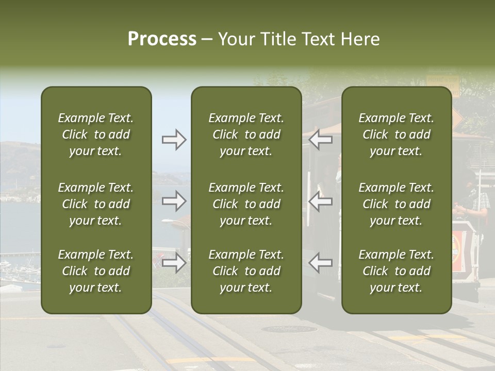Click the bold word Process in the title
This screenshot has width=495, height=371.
pyautogui.click(x=162, y=39)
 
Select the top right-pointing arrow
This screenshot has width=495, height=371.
pyautogui.click(x=174, y=140)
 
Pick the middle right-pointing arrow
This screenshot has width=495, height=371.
pyautogui.click(x=174, y=201)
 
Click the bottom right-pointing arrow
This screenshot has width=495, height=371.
pyautogui.click(x=174, y=263)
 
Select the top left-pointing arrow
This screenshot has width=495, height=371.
pyautogui.click(x=321, y=140)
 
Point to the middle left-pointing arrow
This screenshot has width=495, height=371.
pyautogui.click(x=321, y=201)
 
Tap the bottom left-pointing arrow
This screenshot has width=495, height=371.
pyautogui.click(x=321, y=263)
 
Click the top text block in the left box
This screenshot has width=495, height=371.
pyautogui.click(x=96, y=134)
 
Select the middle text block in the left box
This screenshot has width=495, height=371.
pyautogui.click(x=96, y=204)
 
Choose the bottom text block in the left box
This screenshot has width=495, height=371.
pyautogui.click(x=96, y=271)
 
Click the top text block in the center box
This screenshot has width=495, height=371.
pyautogui.click(x=246, y=134)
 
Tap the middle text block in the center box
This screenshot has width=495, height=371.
pyautogui.click(x=246, y=204)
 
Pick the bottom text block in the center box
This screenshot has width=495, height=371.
pyautogui.click(x=246, y=271)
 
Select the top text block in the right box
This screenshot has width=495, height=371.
pyautogui.click(x=397, y=134)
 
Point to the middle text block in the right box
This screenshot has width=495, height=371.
pyautogui.click(x=397, y=204)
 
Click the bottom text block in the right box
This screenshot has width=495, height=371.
pyautogui.click(x=397, y=271)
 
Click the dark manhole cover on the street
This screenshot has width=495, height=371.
pyautogui.click(x=289, y=329)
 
